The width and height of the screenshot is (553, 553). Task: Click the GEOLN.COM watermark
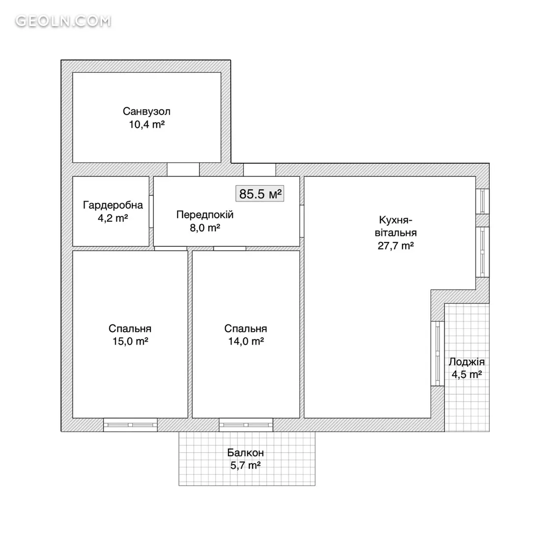[63, 21]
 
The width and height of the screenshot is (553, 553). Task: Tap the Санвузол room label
[146, 112]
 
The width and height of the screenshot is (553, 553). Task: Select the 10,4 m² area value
[146, 124]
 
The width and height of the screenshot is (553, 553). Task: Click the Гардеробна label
[113, 205]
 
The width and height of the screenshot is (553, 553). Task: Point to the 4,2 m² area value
[113, 218]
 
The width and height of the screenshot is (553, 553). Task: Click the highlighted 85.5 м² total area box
[260, 194]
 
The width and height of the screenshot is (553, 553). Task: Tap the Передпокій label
[205, 215]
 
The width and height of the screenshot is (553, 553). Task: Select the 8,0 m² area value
[205, 228]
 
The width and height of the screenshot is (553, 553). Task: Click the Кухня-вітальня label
[396, 227]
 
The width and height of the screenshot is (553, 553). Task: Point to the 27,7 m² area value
[396, 246]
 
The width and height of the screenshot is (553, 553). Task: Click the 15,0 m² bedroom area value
[130, 342]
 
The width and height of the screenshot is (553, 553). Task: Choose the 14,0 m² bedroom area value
[246, 342]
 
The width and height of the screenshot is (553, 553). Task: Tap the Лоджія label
[466, 362]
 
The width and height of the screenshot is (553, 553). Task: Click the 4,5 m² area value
[466, 374]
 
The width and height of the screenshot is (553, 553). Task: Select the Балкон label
[245, 453]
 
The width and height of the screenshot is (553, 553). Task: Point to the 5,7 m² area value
[245, 466]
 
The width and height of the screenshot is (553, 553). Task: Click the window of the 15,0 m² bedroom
[130, 425]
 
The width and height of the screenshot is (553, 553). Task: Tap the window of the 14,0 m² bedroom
[246, 425]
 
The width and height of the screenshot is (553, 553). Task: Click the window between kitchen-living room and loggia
[437, 353]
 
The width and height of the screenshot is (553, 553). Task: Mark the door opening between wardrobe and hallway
[151, 211]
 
